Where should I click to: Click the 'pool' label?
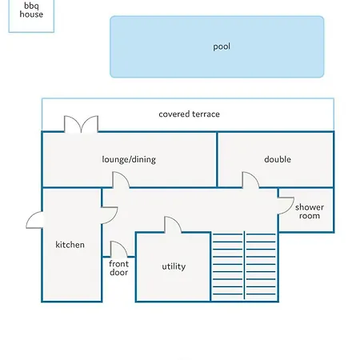point(222,46)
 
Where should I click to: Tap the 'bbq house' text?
point(31,10)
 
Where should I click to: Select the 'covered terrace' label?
point(189,114)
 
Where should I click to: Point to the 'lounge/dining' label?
point(129,159)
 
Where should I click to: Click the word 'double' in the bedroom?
point(278,159)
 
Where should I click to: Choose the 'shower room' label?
point(310,211)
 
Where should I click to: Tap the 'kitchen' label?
point(70,245)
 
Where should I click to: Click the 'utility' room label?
point(174,266)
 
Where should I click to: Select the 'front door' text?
point(118,268)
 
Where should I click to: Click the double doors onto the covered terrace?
point(81,124)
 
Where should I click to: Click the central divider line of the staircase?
point(244,266)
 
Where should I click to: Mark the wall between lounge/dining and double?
point(217,159)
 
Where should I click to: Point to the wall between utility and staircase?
point(210,266)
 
